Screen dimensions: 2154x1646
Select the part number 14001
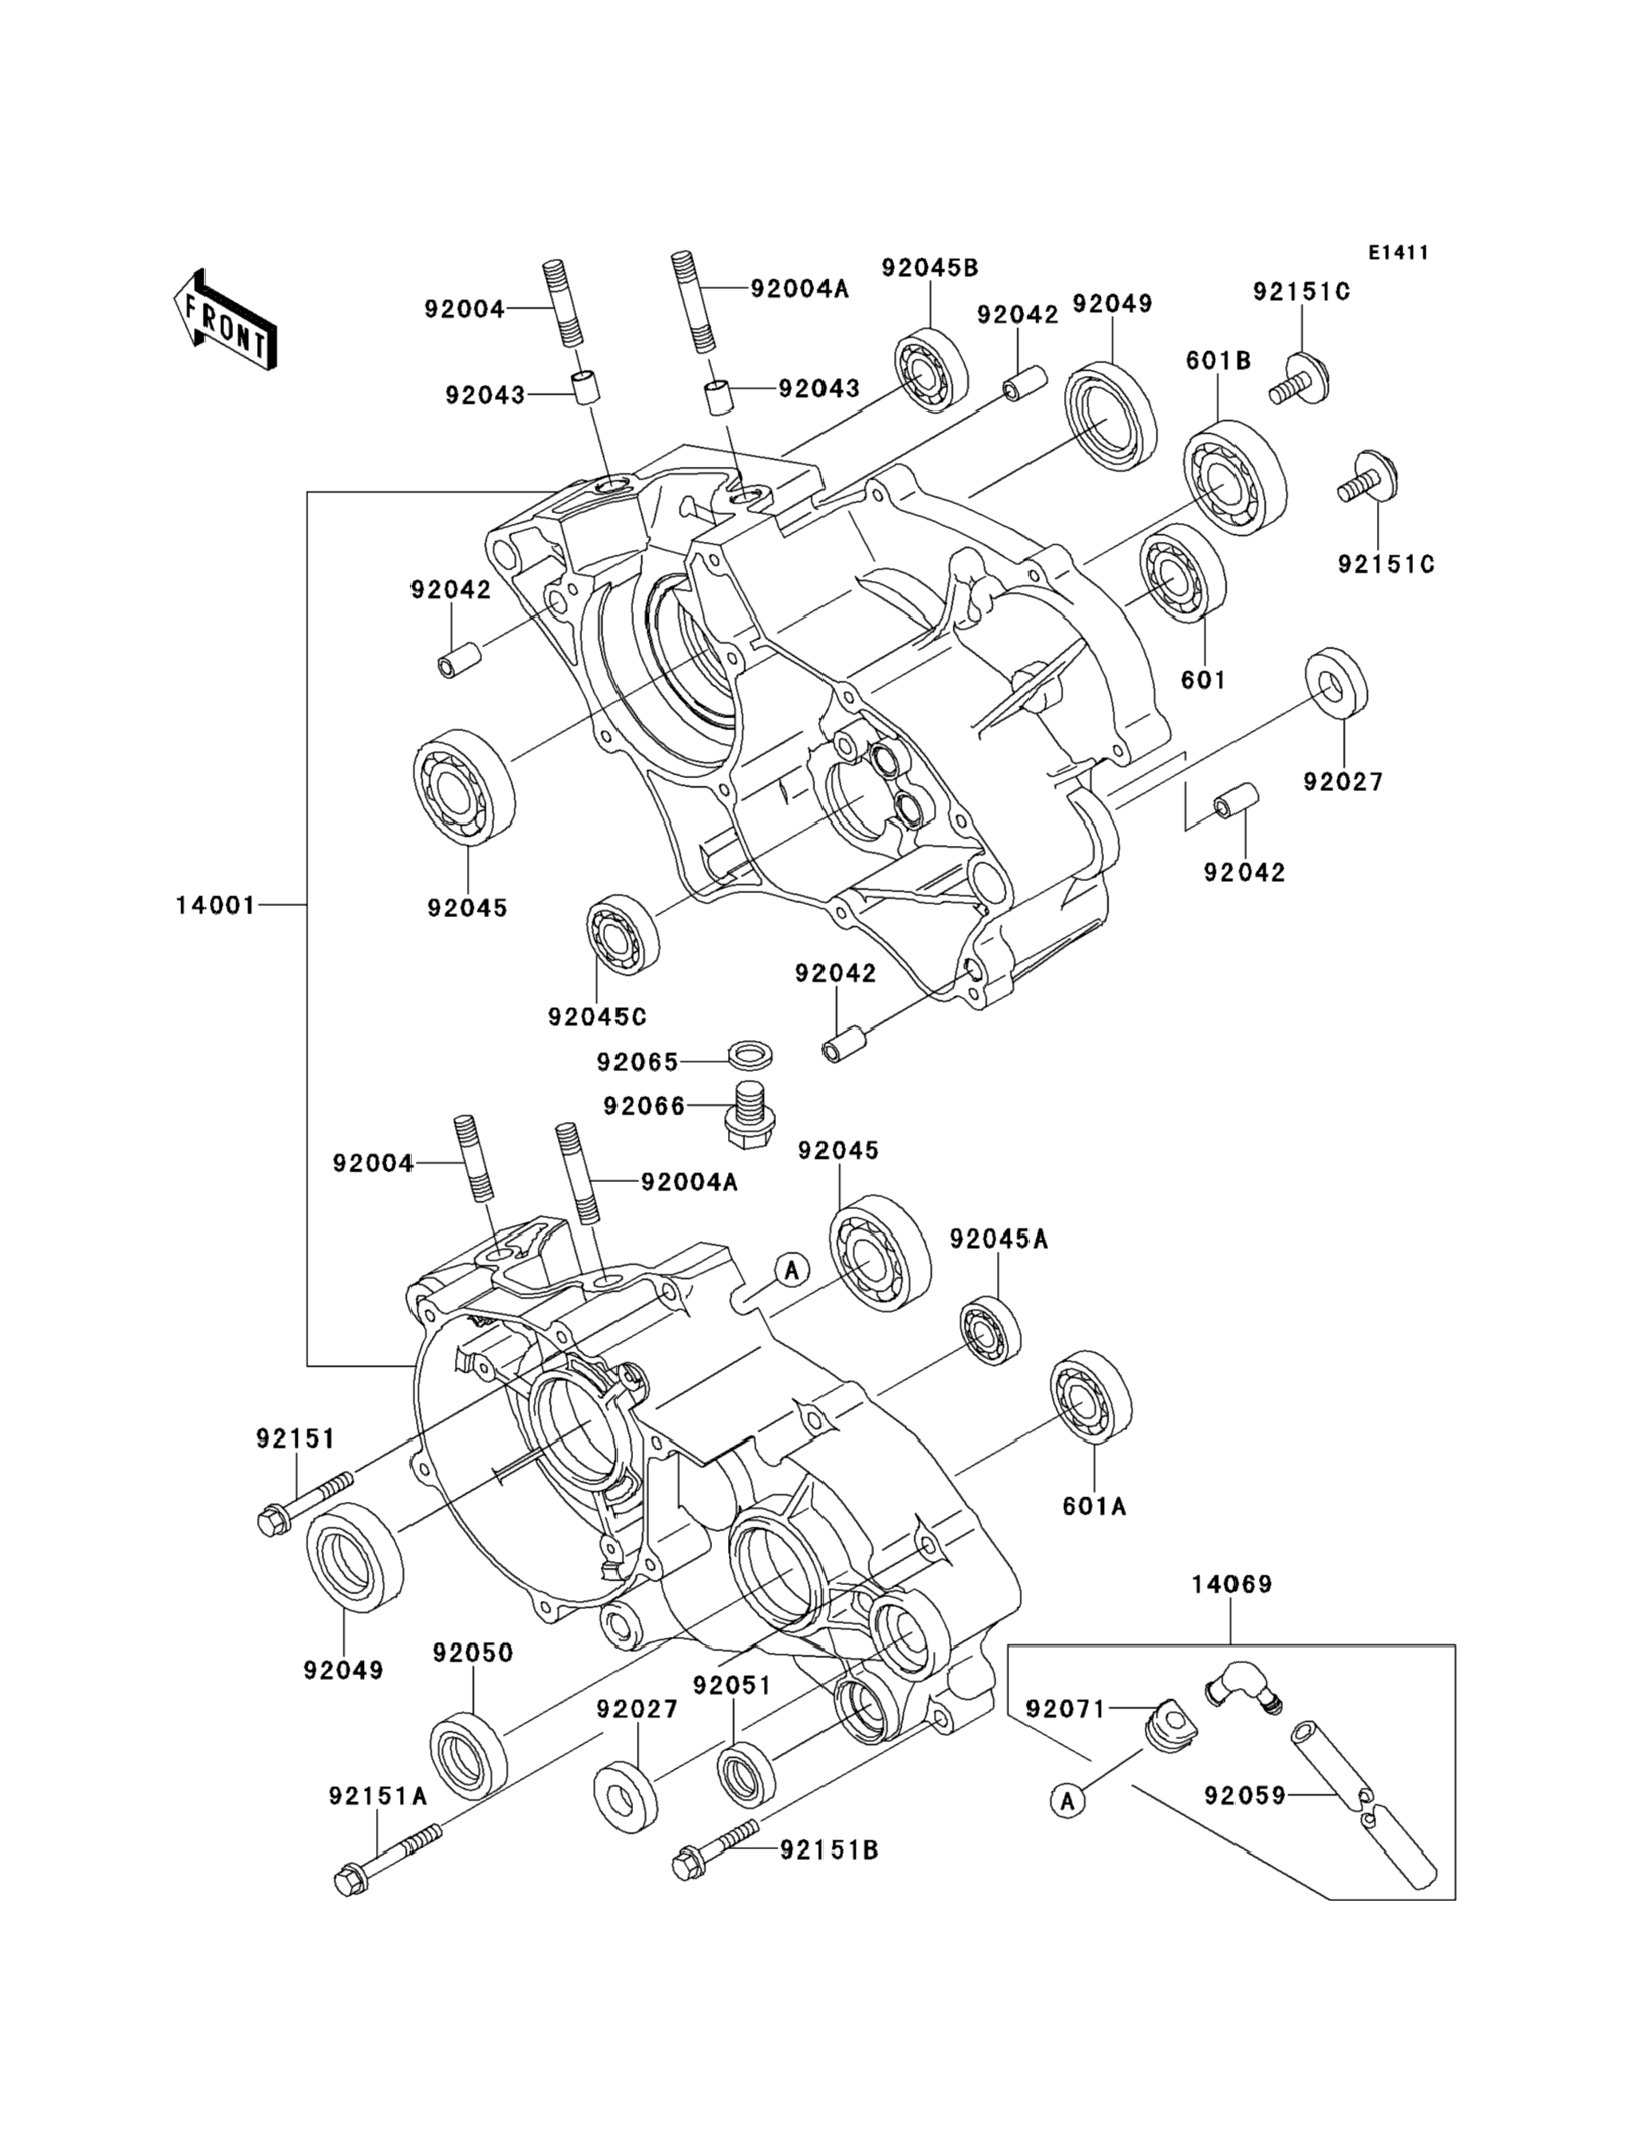pos(215,906)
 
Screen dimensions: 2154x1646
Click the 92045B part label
pos(930,267)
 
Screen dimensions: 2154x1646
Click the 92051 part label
pos(732,1685)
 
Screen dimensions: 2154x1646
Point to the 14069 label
pos(1232,1584)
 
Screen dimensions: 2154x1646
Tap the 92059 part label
pos(1244,1796)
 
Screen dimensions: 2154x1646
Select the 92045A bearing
pos(990,1328)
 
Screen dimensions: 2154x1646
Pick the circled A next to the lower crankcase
pos(792,1270)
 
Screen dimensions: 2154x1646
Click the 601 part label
pos(1203,679)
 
